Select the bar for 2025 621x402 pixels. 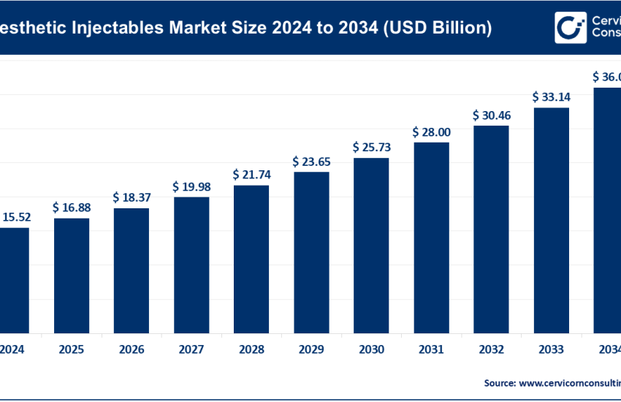[x=72, y=275]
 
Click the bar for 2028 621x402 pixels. [x=251, y=259]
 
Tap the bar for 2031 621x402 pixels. [x=431, y=237]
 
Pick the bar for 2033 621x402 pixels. [x=551, y=220]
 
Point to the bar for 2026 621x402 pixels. [x=132, y=270]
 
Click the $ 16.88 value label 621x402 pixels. [x=72, y=208]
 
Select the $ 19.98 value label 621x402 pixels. [x=191, y=186]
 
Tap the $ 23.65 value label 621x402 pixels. [x=311, y=161]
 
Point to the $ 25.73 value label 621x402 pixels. [x=371, y=147]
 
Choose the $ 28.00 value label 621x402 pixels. [x=431, y=132]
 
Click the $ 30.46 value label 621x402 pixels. [x=491, y=115]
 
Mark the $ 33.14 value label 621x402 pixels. [x=551, y=96]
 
